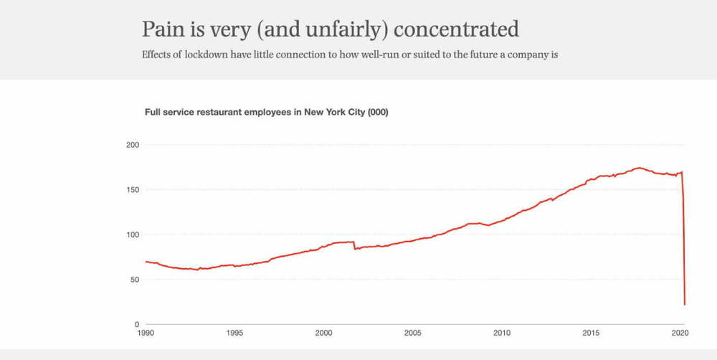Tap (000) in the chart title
[377, 113]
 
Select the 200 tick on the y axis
[132, 145]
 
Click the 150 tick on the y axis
[132, 190]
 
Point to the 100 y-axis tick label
[132, 235]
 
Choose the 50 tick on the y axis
[134, 280]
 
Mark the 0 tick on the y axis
[136, 324]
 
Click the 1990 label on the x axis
[146, 333]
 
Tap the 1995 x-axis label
[234, 333]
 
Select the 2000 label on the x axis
[324, 333]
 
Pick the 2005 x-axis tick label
[413, 333]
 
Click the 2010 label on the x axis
[502, 333]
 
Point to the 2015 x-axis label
[592, 333]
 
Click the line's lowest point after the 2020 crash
[685, 305]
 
